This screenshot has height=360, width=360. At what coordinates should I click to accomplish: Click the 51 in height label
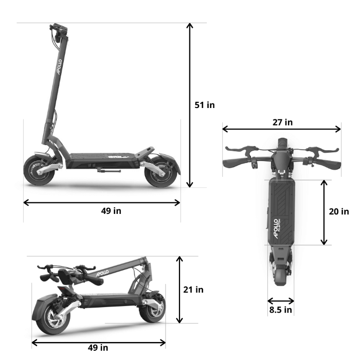point(204,105)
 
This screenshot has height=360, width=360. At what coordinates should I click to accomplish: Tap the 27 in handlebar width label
point(282,122)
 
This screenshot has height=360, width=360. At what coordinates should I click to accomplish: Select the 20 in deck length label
point(339,211)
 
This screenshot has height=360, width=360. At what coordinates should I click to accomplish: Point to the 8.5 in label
point(281,310)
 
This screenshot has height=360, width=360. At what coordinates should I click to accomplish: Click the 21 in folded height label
point(193,290)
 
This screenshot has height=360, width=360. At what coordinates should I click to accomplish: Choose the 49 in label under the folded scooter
point(97,348)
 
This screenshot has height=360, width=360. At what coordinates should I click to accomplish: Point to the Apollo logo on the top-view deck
point(276,229)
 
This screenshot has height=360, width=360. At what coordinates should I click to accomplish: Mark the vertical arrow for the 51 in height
point(190,105)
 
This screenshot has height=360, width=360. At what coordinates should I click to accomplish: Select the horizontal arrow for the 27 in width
point(282,130)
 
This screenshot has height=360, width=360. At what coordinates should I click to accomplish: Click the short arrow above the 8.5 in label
point(281,301)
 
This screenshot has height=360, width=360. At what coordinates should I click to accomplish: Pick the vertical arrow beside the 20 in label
point(324,212)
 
